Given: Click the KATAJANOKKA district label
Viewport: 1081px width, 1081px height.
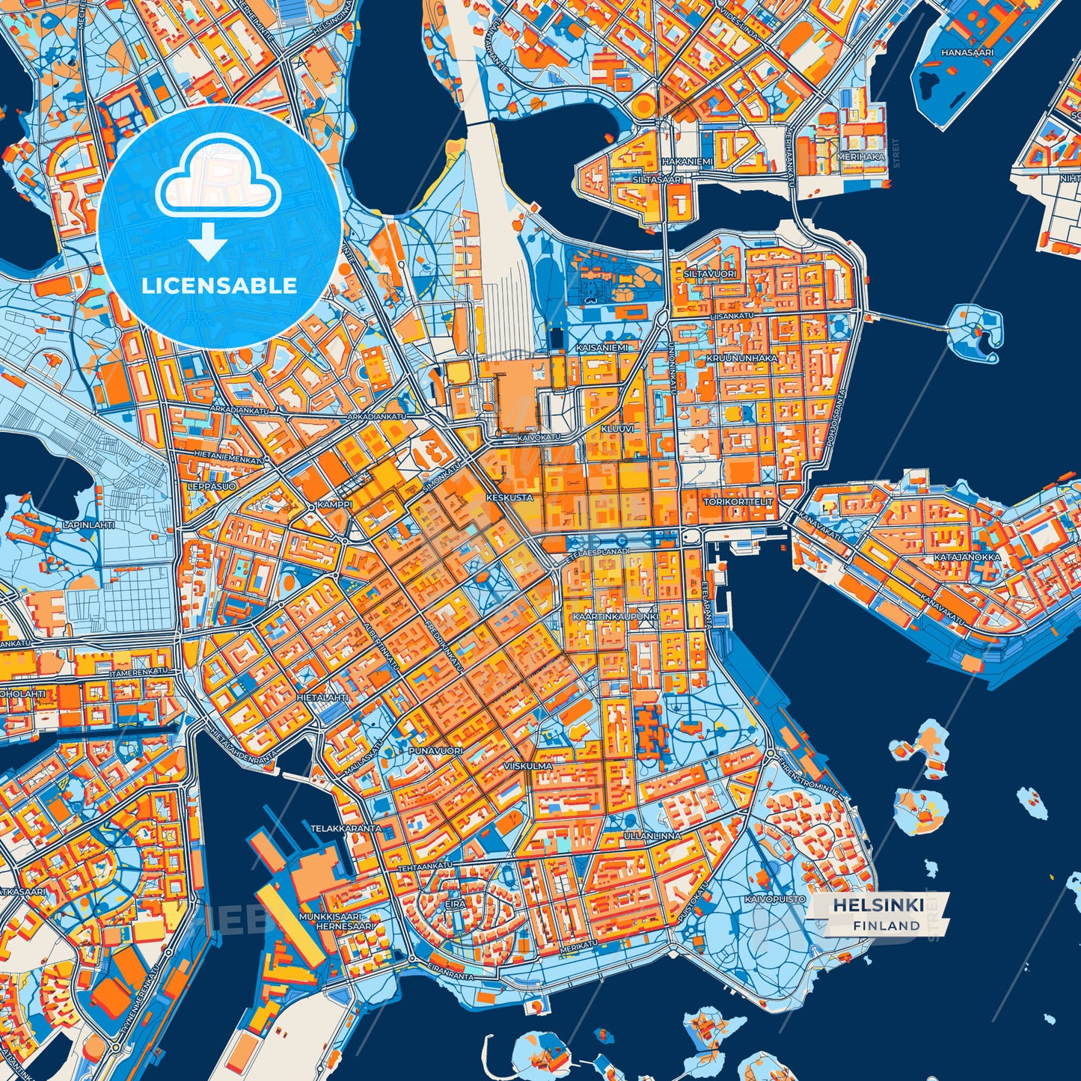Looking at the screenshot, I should (967, 557).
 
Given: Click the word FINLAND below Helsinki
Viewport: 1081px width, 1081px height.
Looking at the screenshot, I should (886, 925).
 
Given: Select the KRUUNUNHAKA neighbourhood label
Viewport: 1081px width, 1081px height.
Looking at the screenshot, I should (741, 358).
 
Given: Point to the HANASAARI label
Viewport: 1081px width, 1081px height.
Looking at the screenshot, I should (967, 53).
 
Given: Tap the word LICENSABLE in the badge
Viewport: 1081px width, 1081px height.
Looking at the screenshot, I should (219, 286).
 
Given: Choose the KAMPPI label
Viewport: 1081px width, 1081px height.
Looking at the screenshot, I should (334, 505).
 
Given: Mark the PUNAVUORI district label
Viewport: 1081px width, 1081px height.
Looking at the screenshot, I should (436, 750).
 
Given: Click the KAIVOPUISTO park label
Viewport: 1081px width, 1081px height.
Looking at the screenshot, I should (775, 898).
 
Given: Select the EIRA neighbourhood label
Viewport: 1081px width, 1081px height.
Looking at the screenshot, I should (456, 904).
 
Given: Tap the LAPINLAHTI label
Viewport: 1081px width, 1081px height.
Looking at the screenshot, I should (89, 525).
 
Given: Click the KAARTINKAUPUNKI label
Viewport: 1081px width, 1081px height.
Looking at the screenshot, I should (615, 616).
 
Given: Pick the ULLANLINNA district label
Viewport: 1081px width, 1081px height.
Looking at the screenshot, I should (653, 836).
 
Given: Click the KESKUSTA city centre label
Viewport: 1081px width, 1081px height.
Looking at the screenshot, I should (509, 497).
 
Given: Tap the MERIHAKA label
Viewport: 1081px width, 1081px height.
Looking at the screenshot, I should (860, 157).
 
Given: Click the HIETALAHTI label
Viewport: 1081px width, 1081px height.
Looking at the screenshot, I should (323, 696).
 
